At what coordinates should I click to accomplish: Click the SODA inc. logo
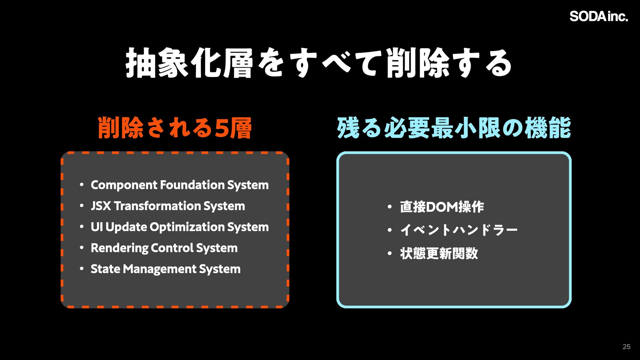click(x=599, y=16)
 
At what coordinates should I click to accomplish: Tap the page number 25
click(x=626, y=347)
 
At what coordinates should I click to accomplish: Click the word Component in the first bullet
click(x=124, y=185)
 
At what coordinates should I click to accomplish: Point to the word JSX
click(x=101, y=206)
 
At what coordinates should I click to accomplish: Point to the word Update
click(x=126, y=227)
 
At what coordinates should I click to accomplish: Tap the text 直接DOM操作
click(x=442, y=207)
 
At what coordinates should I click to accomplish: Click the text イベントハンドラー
click(x=459, y=230)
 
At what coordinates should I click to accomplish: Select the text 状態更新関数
click(x=439, y=253)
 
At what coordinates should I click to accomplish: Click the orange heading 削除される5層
click(x=175, y=128)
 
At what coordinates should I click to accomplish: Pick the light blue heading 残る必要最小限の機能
click(x=454, y=128)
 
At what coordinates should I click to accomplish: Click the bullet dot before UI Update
click(x=82, y=227)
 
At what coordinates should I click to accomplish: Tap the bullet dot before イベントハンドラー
click(x=390, y=230)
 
